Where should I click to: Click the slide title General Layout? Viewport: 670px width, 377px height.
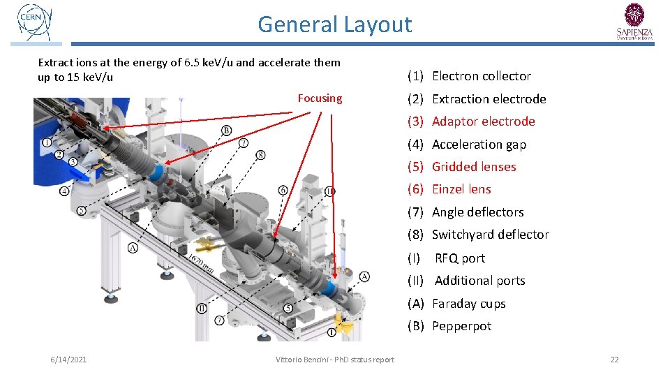pos(335,24)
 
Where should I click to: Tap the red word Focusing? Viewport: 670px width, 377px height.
pos(320,98)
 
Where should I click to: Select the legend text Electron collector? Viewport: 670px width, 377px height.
pos(482,76)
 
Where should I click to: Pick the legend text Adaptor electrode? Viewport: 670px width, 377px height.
pos(483,121)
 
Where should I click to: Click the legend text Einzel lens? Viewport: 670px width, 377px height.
pos(461,189)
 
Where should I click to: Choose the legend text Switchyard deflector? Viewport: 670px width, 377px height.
pos(490,235)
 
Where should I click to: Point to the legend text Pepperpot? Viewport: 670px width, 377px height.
pos(461,326)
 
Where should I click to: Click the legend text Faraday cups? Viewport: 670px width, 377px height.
pos(468,304)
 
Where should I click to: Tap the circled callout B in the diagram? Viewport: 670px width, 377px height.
pos(227,131)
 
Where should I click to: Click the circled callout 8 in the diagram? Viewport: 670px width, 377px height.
pos(260,154)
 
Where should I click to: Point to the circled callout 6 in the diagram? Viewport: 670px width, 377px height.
pos(283,190)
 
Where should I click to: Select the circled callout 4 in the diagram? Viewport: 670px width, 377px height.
pos(64,191)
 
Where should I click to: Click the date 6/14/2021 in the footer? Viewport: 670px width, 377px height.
pos(68,360)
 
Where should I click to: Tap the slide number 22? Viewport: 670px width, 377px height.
pos(614,360)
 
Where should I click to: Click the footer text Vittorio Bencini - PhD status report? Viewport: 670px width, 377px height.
pos(335,360)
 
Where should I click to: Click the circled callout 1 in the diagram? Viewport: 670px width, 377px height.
pos(47,142)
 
